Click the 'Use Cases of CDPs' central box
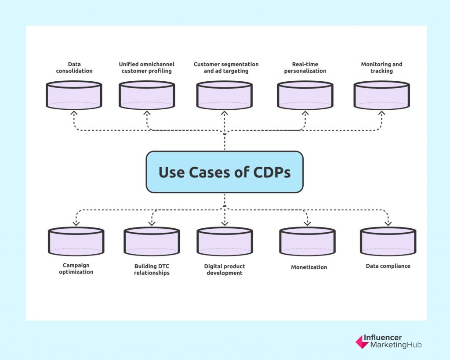tap(225, 172)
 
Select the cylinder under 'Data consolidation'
tap(74, 95)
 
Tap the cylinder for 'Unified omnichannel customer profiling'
tap(147, 95)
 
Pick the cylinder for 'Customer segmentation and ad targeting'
tap(225, 95)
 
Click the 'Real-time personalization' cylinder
tap(305, 95)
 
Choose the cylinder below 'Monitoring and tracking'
tap(382, 95)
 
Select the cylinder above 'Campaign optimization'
tap(76, 241)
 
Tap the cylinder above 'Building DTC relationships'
tap(152, 241)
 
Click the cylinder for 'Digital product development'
tap(225, 241)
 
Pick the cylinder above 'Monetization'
tap(307, 241)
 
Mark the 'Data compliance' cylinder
tap(388, 241)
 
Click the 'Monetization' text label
tap(309, 267)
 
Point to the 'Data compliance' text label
tap(388, 266)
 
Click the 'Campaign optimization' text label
tap(76, 269)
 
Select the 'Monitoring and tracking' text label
tap(382, 67)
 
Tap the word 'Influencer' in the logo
tap(383, 338)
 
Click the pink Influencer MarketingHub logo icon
tap(362, 342)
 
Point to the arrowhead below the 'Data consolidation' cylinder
tap(74, 113)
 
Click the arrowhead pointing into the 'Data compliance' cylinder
tap(388, 223)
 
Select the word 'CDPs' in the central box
tap(272, 172)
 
